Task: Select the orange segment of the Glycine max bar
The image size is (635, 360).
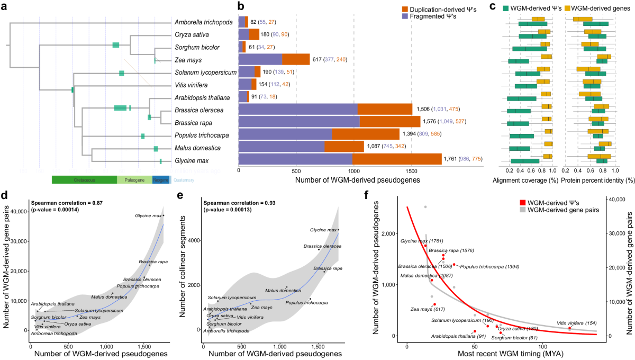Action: click(x=396, y=159)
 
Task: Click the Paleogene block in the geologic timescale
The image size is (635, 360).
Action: click(x=134, y=180)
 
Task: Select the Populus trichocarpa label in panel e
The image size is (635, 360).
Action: click(x=306, y=302)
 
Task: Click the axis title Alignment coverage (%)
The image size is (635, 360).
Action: click(x=530, y=181)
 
